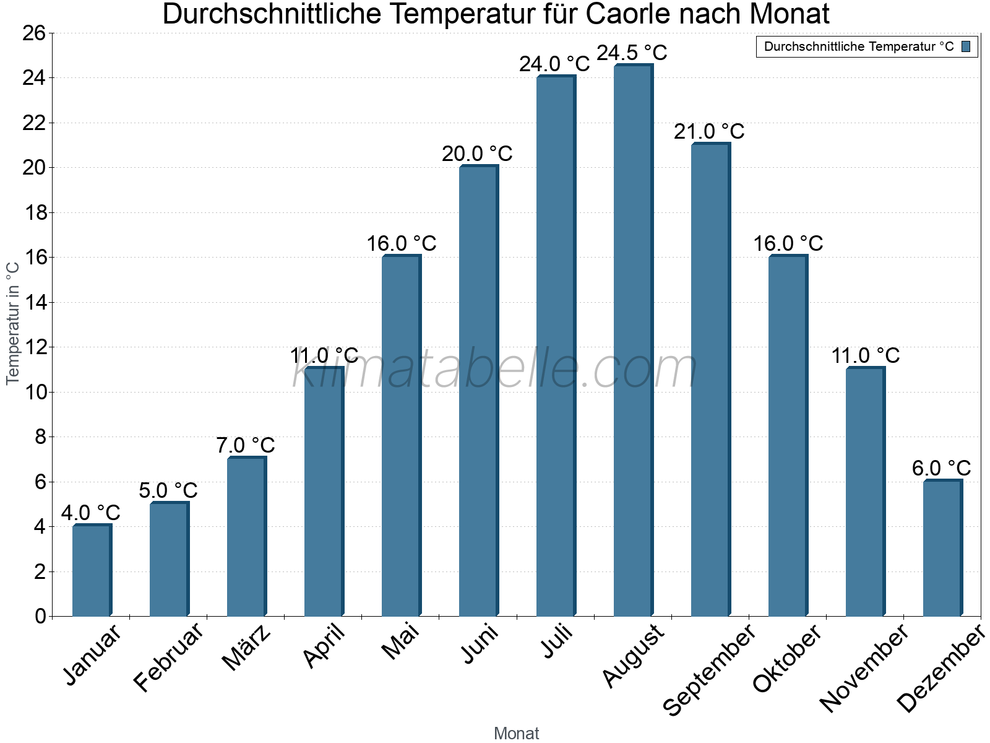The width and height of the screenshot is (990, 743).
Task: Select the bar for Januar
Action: click(92, 570)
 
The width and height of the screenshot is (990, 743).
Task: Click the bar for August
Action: click(633, 341)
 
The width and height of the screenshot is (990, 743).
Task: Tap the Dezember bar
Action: click(942, 548)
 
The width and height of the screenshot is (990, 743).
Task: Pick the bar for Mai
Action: click(401, 436)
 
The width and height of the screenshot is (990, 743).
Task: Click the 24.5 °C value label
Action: click(632, 53)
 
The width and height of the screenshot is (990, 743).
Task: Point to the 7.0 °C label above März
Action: click(246, 445)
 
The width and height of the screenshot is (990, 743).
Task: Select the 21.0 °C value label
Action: click(709, 131)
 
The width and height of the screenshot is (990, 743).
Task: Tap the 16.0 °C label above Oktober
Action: click(788, 243)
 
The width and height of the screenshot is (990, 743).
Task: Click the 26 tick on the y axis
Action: click(34, 33)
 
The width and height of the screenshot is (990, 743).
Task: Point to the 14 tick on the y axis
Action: click(34, 302)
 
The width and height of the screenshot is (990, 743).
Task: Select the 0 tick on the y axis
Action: click(40, 616)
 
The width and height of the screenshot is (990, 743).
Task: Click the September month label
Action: click(709, 670)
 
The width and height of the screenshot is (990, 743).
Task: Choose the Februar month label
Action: click(168, 656)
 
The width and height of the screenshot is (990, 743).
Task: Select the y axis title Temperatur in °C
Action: click(13, 323)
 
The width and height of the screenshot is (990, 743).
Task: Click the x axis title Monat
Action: click(516, 733)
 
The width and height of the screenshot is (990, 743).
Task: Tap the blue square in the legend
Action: click(966, 46)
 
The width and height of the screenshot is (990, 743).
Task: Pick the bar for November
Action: click(865, 492)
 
